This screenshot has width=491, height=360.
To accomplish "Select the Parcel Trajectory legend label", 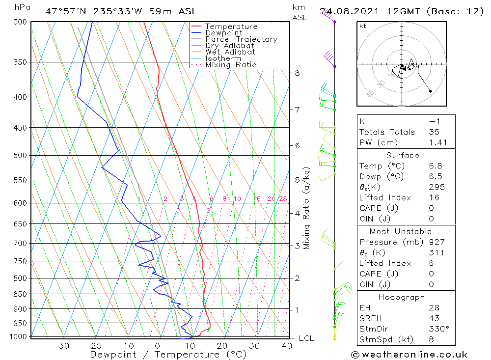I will (241, 39).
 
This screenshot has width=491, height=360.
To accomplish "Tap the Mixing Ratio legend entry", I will (231, 65).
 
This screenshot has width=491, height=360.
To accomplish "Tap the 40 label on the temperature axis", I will (287, 346).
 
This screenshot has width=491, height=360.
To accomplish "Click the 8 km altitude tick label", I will (297, 73).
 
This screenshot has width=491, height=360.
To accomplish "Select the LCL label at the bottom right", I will (306, 338).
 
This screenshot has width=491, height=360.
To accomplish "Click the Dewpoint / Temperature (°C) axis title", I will (168, 354).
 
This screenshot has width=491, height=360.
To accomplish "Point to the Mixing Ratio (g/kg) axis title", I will (307, 208).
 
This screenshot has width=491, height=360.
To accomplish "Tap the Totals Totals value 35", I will (434, 132).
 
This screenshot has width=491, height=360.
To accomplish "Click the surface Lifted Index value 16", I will (434, 197).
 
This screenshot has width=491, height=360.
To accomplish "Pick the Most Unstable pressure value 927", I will (436, 242).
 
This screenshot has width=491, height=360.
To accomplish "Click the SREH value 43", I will (434, 318).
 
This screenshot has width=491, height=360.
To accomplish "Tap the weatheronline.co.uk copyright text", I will (409, 354).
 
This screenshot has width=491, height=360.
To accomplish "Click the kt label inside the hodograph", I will (363, 26).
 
